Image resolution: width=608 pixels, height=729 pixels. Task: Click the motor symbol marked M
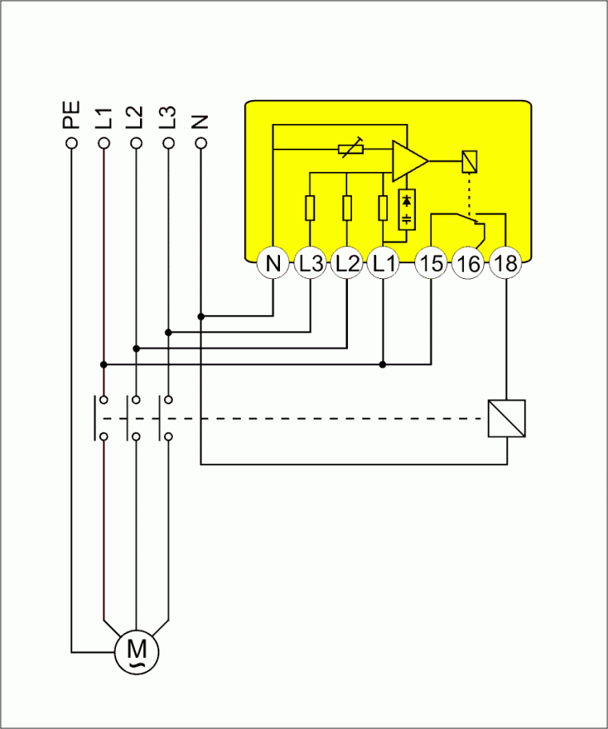137,651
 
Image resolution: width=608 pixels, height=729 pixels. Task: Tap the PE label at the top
72,115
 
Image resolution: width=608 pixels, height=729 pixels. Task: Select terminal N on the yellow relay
274,263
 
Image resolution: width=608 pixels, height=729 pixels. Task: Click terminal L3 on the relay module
310,263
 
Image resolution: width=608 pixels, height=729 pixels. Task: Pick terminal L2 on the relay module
346,263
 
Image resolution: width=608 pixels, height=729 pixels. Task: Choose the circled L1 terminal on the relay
383,263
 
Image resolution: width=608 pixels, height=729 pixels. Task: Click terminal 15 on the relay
432,263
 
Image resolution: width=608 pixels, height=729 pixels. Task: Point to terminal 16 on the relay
469,263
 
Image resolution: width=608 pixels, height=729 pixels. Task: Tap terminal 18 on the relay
506,263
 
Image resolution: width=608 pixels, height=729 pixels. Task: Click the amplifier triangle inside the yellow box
407,161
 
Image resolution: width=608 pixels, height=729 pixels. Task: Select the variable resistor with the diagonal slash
350,149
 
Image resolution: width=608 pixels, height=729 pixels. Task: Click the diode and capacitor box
408,209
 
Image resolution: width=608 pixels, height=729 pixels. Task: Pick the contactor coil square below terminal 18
506,418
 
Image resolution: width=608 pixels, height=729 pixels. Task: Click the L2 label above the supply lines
136,117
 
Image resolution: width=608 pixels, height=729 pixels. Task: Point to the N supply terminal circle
201,143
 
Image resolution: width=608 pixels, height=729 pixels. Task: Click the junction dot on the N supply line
201,317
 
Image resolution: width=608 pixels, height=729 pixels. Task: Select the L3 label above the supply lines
168,117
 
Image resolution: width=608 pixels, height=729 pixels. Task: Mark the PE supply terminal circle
72,143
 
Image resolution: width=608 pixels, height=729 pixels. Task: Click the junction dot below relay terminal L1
383,364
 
